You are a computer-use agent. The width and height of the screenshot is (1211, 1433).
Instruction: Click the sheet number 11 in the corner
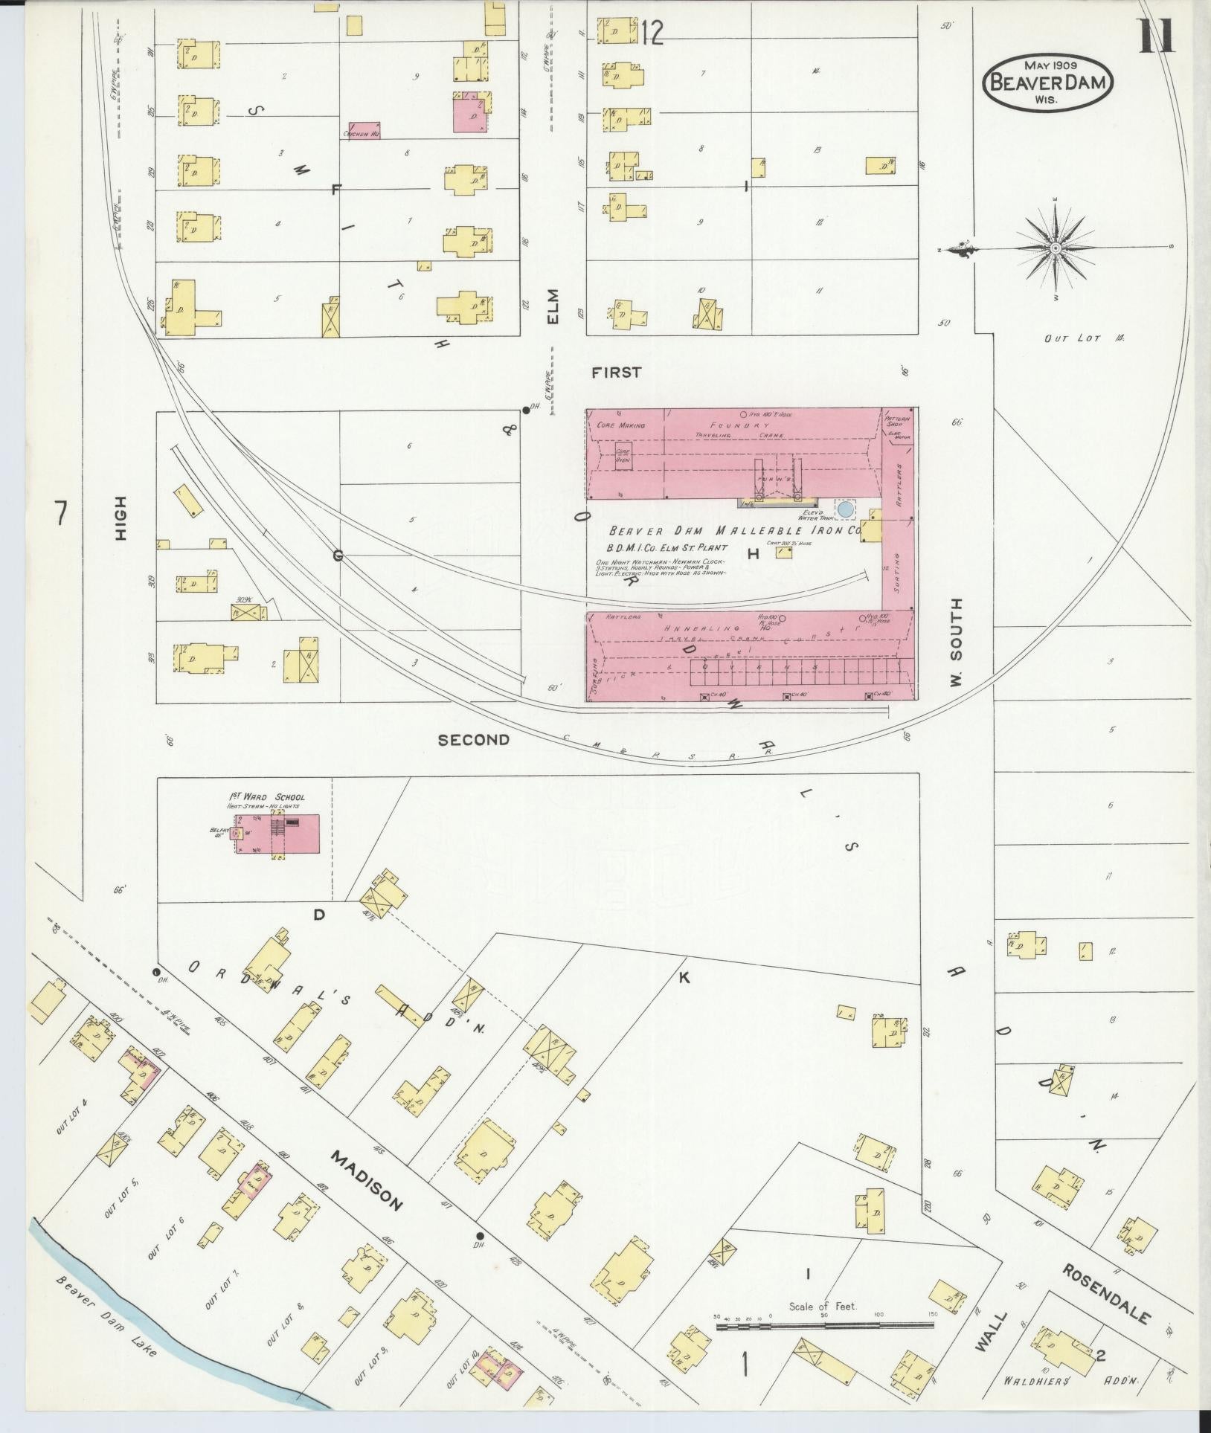click(x=1157, y=36)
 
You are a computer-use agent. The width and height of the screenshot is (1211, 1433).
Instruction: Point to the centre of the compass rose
click(x=1055, y=247)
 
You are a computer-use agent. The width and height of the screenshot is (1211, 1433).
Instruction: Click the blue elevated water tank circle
click(x=846, y=509)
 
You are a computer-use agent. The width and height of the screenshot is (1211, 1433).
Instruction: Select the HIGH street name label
click(x=121, y=518)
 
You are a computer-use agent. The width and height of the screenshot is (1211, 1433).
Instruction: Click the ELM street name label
click(x=553, y=306)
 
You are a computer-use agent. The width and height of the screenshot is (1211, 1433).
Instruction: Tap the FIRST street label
click(x=616, y=373)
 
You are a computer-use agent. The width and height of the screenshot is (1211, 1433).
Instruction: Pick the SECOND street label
click(x=474, y=740)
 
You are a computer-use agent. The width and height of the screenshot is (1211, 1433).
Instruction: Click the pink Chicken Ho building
click(x=361, y=130)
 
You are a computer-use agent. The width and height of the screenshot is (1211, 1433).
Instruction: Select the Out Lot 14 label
click(x=1082, y=338)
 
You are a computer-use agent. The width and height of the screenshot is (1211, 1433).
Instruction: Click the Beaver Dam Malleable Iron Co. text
click(x=735, y=532)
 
